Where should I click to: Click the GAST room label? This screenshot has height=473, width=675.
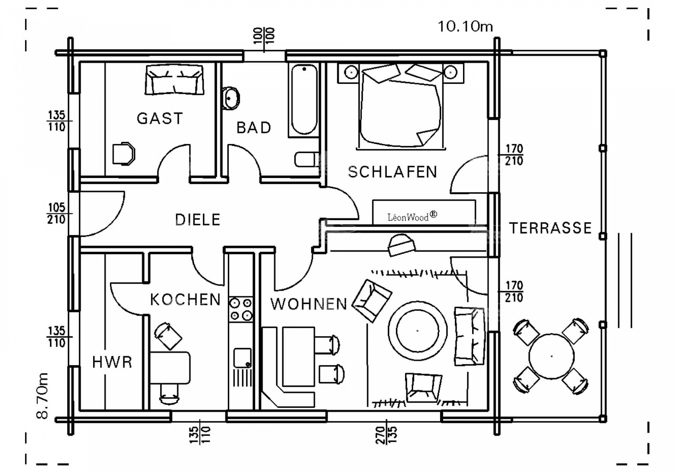pyautogui.click(x=160, y=119)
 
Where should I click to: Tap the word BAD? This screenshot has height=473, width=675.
pyautogui.click(x=253, y=127)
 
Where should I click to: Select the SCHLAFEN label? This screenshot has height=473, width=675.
pyautogui.click(x=392, y=172)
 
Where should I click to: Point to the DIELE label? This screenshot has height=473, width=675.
pyautogui.click(x=198, y=220)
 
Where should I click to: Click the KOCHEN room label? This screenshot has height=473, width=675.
pyautogui.click(x=185, y=300)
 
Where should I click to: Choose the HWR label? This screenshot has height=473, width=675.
pyautogui.click(x=112, y=362)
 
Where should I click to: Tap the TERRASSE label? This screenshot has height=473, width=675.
pyautogui.click(x=551, y=228)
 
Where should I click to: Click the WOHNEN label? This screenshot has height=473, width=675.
pyautogui.click(x=309, y=304)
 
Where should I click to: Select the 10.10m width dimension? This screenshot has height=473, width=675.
pyautogui.click(x=465, y=27)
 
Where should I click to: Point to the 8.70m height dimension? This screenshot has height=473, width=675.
pyautogui.click(x=42, y=396)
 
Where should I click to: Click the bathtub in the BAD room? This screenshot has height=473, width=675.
pyautogui.click(x=304, y=100)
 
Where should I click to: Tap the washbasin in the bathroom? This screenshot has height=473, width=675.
pyautogui.click(x=231, y=98)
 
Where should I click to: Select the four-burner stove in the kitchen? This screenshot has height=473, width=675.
pyautogui.click(x=241, y=309)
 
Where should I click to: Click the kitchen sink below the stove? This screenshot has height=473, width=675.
pyautogui.click(x=243, y=358)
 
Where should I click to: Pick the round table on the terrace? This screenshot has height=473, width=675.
pyautogui.click(x=551, y=357)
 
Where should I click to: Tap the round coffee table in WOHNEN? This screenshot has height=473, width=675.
pyautogui.click(x=417, y=331)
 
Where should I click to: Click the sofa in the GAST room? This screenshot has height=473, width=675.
pyautogui.click(x=174, y=80)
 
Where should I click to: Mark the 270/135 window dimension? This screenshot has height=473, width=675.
pyautogui.click(x=386, y=435)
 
